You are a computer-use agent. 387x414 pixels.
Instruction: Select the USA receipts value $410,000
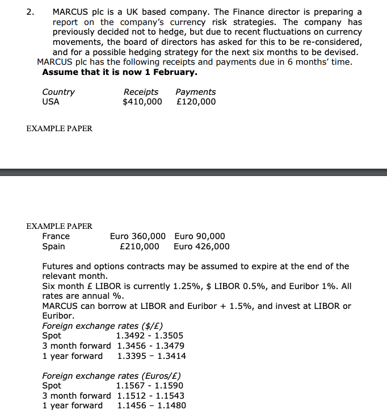click(142, 102)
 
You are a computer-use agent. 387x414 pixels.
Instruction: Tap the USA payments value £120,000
click(196, 102)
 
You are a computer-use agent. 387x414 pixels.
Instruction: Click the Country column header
click(58, 92)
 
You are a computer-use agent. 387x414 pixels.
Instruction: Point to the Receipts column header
click(141, 92)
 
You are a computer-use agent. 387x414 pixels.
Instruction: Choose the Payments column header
click(196, 92)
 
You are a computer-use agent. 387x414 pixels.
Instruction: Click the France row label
click(56, 236)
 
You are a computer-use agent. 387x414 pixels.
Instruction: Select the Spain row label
click(54, 246)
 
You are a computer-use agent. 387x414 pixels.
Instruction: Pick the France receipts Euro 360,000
click(138, 236)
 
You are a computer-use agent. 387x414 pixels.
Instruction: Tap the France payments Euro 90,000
click(200, 236)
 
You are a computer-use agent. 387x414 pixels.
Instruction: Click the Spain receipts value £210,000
click(140, 246)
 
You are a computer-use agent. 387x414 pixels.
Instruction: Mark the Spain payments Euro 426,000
click(201, 246)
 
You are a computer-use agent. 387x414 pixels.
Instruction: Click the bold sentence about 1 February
click(120, 72)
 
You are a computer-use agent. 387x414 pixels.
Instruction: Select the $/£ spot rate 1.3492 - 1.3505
click(150, 336)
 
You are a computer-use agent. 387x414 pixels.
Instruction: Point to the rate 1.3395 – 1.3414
click(152, 356)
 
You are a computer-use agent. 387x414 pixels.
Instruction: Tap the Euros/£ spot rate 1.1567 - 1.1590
click(150, 386)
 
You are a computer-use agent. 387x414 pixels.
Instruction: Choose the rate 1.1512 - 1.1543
click(150, 395)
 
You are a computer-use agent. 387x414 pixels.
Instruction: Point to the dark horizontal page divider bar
click(194, 172)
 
